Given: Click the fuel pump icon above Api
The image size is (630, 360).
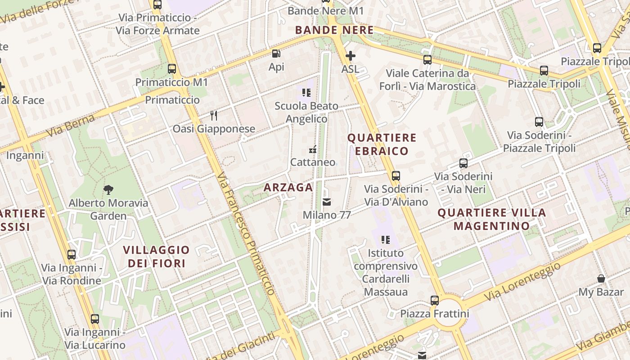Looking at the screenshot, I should [276, 54].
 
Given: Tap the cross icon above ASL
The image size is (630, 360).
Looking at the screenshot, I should [350, 56].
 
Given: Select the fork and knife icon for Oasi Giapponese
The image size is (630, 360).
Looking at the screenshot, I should [214, 116].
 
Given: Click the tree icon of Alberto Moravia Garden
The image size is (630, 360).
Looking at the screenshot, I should [108, 190].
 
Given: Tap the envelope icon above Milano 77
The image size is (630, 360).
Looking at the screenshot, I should [327, 202].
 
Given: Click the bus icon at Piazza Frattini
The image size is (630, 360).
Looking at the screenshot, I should [434, 300].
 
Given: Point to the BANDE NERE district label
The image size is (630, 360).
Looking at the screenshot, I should [334, 30].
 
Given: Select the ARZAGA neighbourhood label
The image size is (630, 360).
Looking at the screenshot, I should [288, 188].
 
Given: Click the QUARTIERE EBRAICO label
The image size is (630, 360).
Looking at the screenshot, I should [382, 144].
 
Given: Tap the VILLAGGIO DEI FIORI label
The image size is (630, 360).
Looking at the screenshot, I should [156, 256].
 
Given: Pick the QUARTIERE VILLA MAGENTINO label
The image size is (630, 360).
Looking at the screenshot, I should [491, 219].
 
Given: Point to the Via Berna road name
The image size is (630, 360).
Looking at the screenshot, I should [71, 126].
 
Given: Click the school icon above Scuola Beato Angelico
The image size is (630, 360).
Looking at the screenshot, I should [306, 93].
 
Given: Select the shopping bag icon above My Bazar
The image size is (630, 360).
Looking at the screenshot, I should [601, 279].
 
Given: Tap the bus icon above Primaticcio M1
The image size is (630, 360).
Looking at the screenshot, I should [171, 69].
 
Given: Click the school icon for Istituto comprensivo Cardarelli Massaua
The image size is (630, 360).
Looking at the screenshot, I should [385, 240].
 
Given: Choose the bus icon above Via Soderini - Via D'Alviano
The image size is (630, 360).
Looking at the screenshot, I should [396, 176].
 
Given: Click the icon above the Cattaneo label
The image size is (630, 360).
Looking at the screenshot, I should [313, 149].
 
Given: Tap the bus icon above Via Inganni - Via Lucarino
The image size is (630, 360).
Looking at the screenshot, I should [94, 319].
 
